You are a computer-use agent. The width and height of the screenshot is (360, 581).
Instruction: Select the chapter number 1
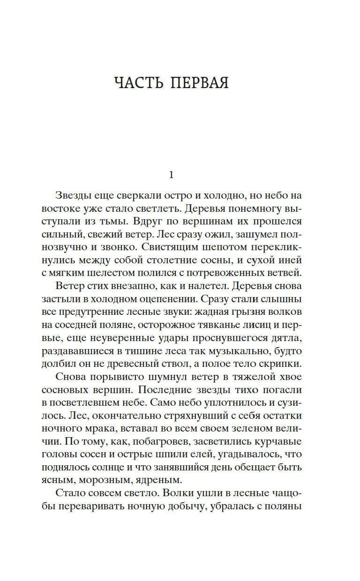click(x=171, y=175)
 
